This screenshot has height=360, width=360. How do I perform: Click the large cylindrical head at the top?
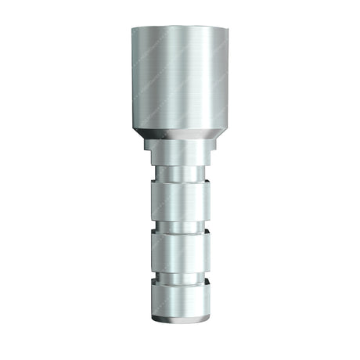pos(179,78)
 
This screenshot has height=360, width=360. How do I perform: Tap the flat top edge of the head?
pos(179,29)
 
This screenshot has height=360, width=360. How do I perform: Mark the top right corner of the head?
pos(227,30)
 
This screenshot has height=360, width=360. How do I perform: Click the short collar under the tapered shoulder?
pos(179,153)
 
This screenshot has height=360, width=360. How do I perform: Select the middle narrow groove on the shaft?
pos(179,228)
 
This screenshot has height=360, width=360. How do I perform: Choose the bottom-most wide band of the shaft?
pos(179,304)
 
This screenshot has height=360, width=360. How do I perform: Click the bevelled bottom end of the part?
pos(179,322)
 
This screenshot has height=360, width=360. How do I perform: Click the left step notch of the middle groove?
pos(154,228)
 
